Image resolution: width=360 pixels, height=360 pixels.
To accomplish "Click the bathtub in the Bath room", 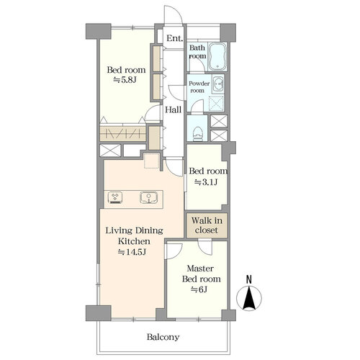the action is coord(217,57).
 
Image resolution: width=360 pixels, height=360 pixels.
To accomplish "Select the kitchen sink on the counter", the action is coord(148,197).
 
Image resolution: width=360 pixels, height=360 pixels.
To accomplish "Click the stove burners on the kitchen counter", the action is coord(116,197).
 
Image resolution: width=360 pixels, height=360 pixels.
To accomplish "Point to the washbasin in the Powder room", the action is coord(218,84).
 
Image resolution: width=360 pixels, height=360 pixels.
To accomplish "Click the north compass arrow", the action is coord(249,298).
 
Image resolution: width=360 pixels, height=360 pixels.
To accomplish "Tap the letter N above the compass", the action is coord(249,279).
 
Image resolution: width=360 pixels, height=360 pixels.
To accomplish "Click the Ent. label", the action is coord(175,38).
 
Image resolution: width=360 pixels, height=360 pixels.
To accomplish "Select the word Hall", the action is coord(174,110).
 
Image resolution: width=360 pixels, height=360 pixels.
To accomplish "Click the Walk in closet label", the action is coord(207,225).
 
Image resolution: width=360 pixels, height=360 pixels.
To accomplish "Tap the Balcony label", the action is coord(163,337).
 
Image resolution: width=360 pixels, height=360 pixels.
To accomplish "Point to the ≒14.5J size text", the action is coord(132,252).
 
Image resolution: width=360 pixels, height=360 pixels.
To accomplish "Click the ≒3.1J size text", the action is coord(206,182).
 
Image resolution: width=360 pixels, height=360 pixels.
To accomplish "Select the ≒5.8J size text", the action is coord(125,80).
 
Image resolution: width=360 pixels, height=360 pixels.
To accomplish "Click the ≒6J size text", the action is coord(199,289).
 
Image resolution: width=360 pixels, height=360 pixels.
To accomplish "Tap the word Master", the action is coord(200,269).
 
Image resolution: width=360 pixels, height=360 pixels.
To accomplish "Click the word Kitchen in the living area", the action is coord(134,241).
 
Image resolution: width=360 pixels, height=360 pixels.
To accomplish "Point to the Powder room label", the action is coord(199,87).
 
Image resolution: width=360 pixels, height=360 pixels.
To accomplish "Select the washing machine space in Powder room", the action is coord(216,104).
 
